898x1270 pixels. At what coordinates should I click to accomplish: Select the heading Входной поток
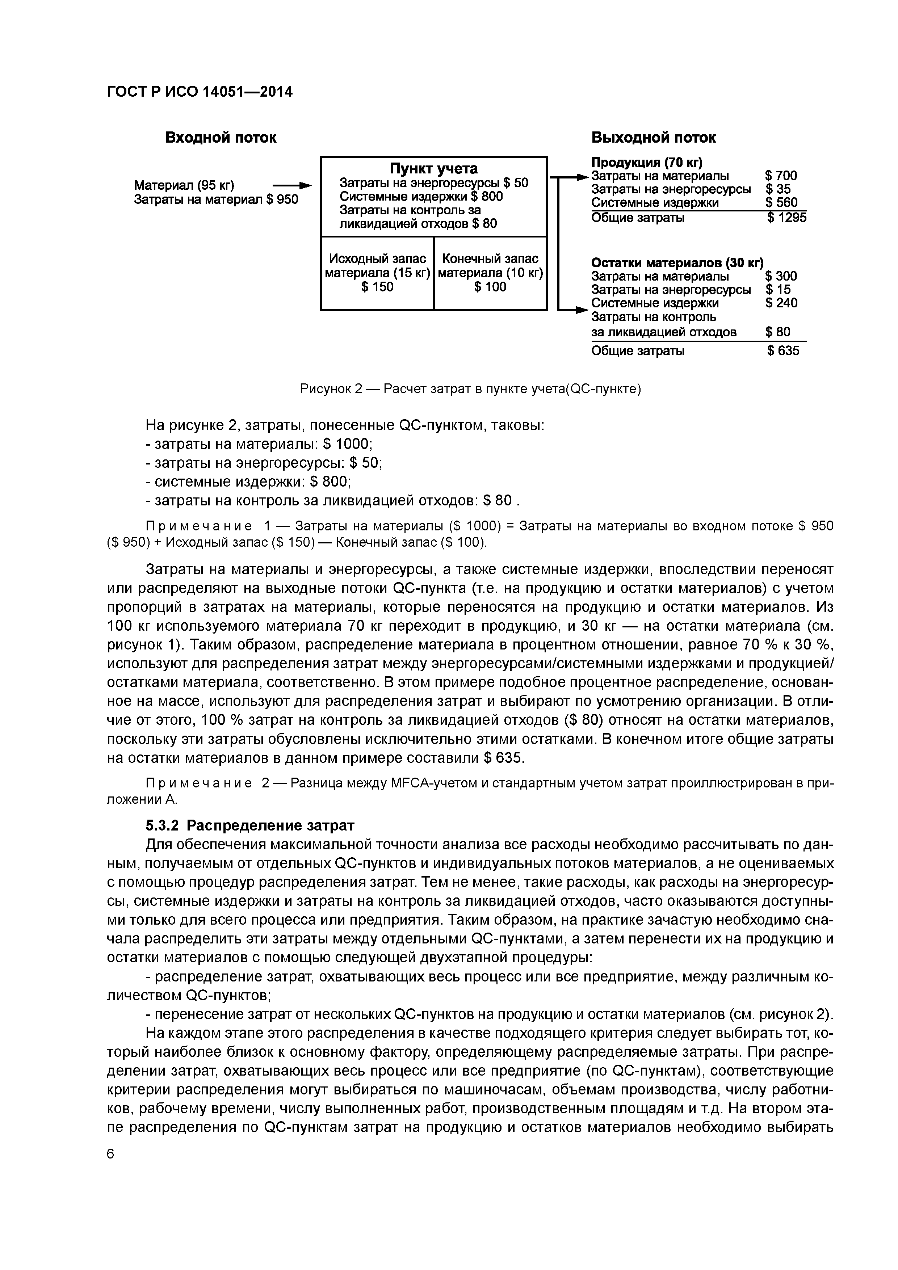point(221,138)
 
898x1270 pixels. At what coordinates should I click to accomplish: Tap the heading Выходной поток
point(654,138)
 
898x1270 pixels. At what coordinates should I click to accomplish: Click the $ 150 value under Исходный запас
point(377,286)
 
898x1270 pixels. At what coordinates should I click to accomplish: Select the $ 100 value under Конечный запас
point(490,286)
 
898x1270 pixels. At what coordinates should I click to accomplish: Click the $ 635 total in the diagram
point(783,351)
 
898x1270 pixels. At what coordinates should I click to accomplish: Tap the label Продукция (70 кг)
point(646,162)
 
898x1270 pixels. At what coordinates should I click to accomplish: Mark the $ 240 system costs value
point(781,303)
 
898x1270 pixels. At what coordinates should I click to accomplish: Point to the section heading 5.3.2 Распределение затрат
point(249,826)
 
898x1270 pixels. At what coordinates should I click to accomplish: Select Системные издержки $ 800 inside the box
point(421,196)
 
